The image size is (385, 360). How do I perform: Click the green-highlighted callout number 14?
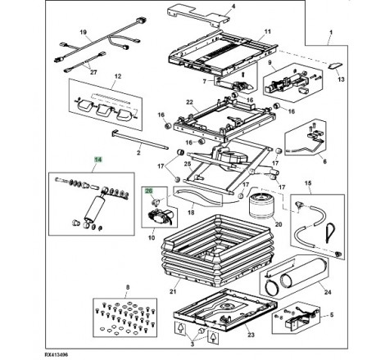97,160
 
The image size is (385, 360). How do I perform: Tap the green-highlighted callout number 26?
149,191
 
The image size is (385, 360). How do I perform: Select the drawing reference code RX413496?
57,355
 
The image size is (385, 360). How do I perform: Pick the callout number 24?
328,292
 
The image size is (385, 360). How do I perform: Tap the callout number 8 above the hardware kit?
128,287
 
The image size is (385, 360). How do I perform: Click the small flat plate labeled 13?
334,65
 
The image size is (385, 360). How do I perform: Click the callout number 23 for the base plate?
251,335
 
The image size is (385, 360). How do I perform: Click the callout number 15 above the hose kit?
308,182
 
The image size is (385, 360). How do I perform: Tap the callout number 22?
189,102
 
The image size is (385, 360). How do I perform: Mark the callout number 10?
152,237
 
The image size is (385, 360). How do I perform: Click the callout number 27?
93,72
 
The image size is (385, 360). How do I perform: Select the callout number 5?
332,315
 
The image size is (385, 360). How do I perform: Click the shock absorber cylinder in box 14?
94,208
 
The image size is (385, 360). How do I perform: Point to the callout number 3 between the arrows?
192,344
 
